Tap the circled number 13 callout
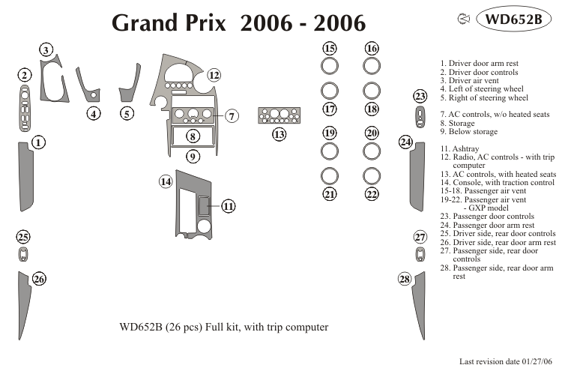280,135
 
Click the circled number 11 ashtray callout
229,206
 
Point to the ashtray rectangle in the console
205,205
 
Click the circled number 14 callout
166,181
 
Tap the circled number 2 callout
25,76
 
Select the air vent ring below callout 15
329,66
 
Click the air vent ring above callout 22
371,175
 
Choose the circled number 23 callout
420,96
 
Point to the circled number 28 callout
405,280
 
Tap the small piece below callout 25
23,254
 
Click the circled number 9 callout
193,157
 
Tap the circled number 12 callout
214,75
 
